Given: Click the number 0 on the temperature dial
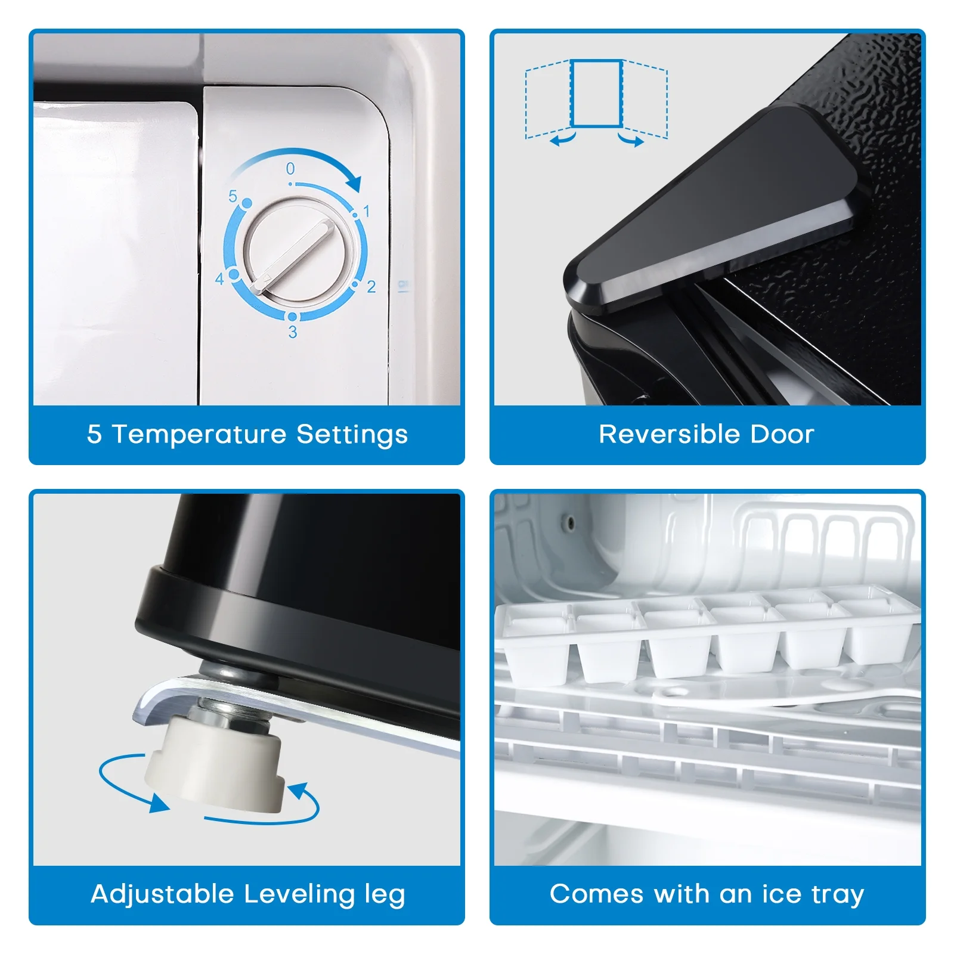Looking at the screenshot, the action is tap(290, 169).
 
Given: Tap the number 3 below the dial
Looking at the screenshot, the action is tap(293, 332).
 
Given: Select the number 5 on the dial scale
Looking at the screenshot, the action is tap(233, 196).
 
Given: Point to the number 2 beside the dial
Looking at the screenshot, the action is tap(371, 287).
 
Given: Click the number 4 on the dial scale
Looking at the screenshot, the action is tap(219, 279).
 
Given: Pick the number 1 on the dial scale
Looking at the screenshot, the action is tap(367, 211).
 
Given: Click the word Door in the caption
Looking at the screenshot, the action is tap(782, 434).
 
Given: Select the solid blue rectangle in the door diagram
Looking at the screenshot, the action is tap(596, 93).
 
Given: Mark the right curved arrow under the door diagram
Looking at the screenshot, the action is tap(631, 140).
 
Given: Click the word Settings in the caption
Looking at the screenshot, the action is tap(352, 435).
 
